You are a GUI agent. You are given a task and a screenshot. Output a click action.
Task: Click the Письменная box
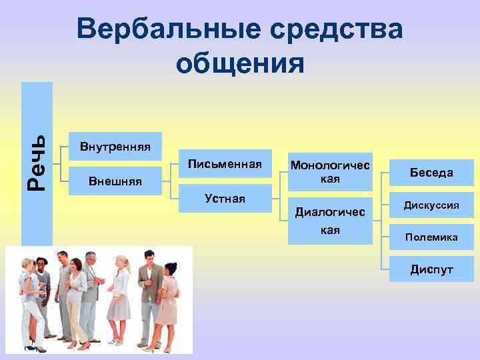pyautogui.click(x=225, y=163)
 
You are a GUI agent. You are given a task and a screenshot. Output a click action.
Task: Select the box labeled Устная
pyautogui.click(x=225, y=198)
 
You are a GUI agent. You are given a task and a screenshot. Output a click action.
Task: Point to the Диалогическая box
pyautogui.click(x=330, y=221)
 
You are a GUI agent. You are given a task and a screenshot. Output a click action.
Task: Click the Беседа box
pyautogui.click(x=431, y=173)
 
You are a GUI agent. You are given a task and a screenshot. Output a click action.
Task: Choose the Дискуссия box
pyautogui.click(x=431, y=205)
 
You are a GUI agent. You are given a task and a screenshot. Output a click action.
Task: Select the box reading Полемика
pyautogui.click(x=431, y=237)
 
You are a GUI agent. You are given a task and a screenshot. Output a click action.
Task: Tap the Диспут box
pyautogui.click(x=431, y=269)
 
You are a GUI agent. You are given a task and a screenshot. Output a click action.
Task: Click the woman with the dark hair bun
pyautogui.click(x=169, y=293)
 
